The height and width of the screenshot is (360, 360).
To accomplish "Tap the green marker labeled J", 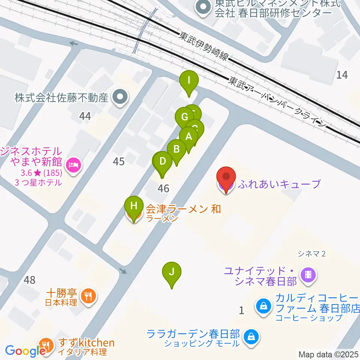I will tap(172, 272).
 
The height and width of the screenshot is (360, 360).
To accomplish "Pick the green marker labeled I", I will tap(189, 81).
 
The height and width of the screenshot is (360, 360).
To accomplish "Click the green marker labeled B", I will tap(176, 149).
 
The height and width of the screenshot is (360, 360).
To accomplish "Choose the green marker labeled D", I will tap(163, 162).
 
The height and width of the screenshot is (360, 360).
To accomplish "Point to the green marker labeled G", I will tap(184, 117).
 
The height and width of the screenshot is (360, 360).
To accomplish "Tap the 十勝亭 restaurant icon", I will tap(88, 295).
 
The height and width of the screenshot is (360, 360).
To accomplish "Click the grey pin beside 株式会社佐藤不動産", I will tap(120, 98).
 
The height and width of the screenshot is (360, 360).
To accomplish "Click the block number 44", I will tap(85, 116).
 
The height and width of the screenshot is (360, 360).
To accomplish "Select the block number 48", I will tap(29, 280).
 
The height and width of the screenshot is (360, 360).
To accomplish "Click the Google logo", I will tap(25, 351).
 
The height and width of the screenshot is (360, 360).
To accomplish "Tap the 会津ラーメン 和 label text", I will tap(183, 208).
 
